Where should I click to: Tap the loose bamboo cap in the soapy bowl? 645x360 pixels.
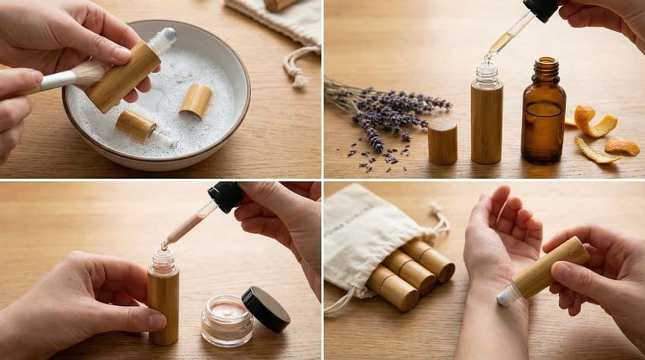pyautogui.click(x=195, y=100)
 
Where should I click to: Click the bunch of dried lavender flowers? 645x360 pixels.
pyautogui.click(x=388, y=110)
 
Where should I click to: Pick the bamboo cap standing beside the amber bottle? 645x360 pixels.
pyautogui.click(x=443, y=142)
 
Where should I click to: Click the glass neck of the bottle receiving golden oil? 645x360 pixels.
pyautogui.click(x=487, y=75)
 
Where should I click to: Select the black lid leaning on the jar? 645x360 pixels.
pyautogui.click(x=265, y=309)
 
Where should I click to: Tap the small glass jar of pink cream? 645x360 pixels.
pyautogui.click(x=227, y=320)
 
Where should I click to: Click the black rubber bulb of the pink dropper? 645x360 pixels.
pyautogui.click(x=226, y=196)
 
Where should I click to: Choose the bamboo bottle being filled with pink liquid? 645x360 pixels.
pyautogui.click(x=164, y=301)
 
